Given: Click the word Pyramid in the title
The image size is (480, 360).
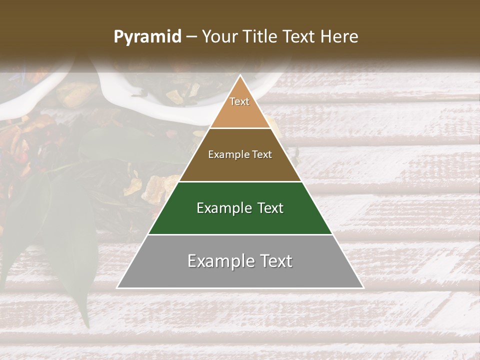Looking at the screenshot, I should tap(147, 37).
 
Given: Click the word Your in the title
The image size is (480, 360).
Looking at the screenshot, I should tap(220, 37).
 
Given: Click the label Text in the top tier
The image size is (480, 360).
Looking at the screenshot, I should tap(239, 101).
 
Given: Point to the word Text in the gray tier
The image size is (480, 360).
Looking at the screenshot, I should tap(275, 261).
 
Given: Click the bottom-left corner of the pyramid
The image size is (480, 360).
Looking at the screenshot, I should tap(117, 288).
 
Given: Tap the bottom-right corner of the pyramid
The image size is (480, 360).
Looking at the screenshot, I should tap(363, 288).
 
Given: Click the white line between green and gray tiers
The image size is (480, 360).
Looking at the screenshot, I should tap(240, 234).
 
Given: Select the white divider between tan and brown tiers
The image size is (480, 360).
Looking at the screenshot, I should tap(240, 128).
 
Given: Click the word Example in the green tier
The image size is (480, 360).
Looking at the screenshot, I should tap(223, 208).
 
